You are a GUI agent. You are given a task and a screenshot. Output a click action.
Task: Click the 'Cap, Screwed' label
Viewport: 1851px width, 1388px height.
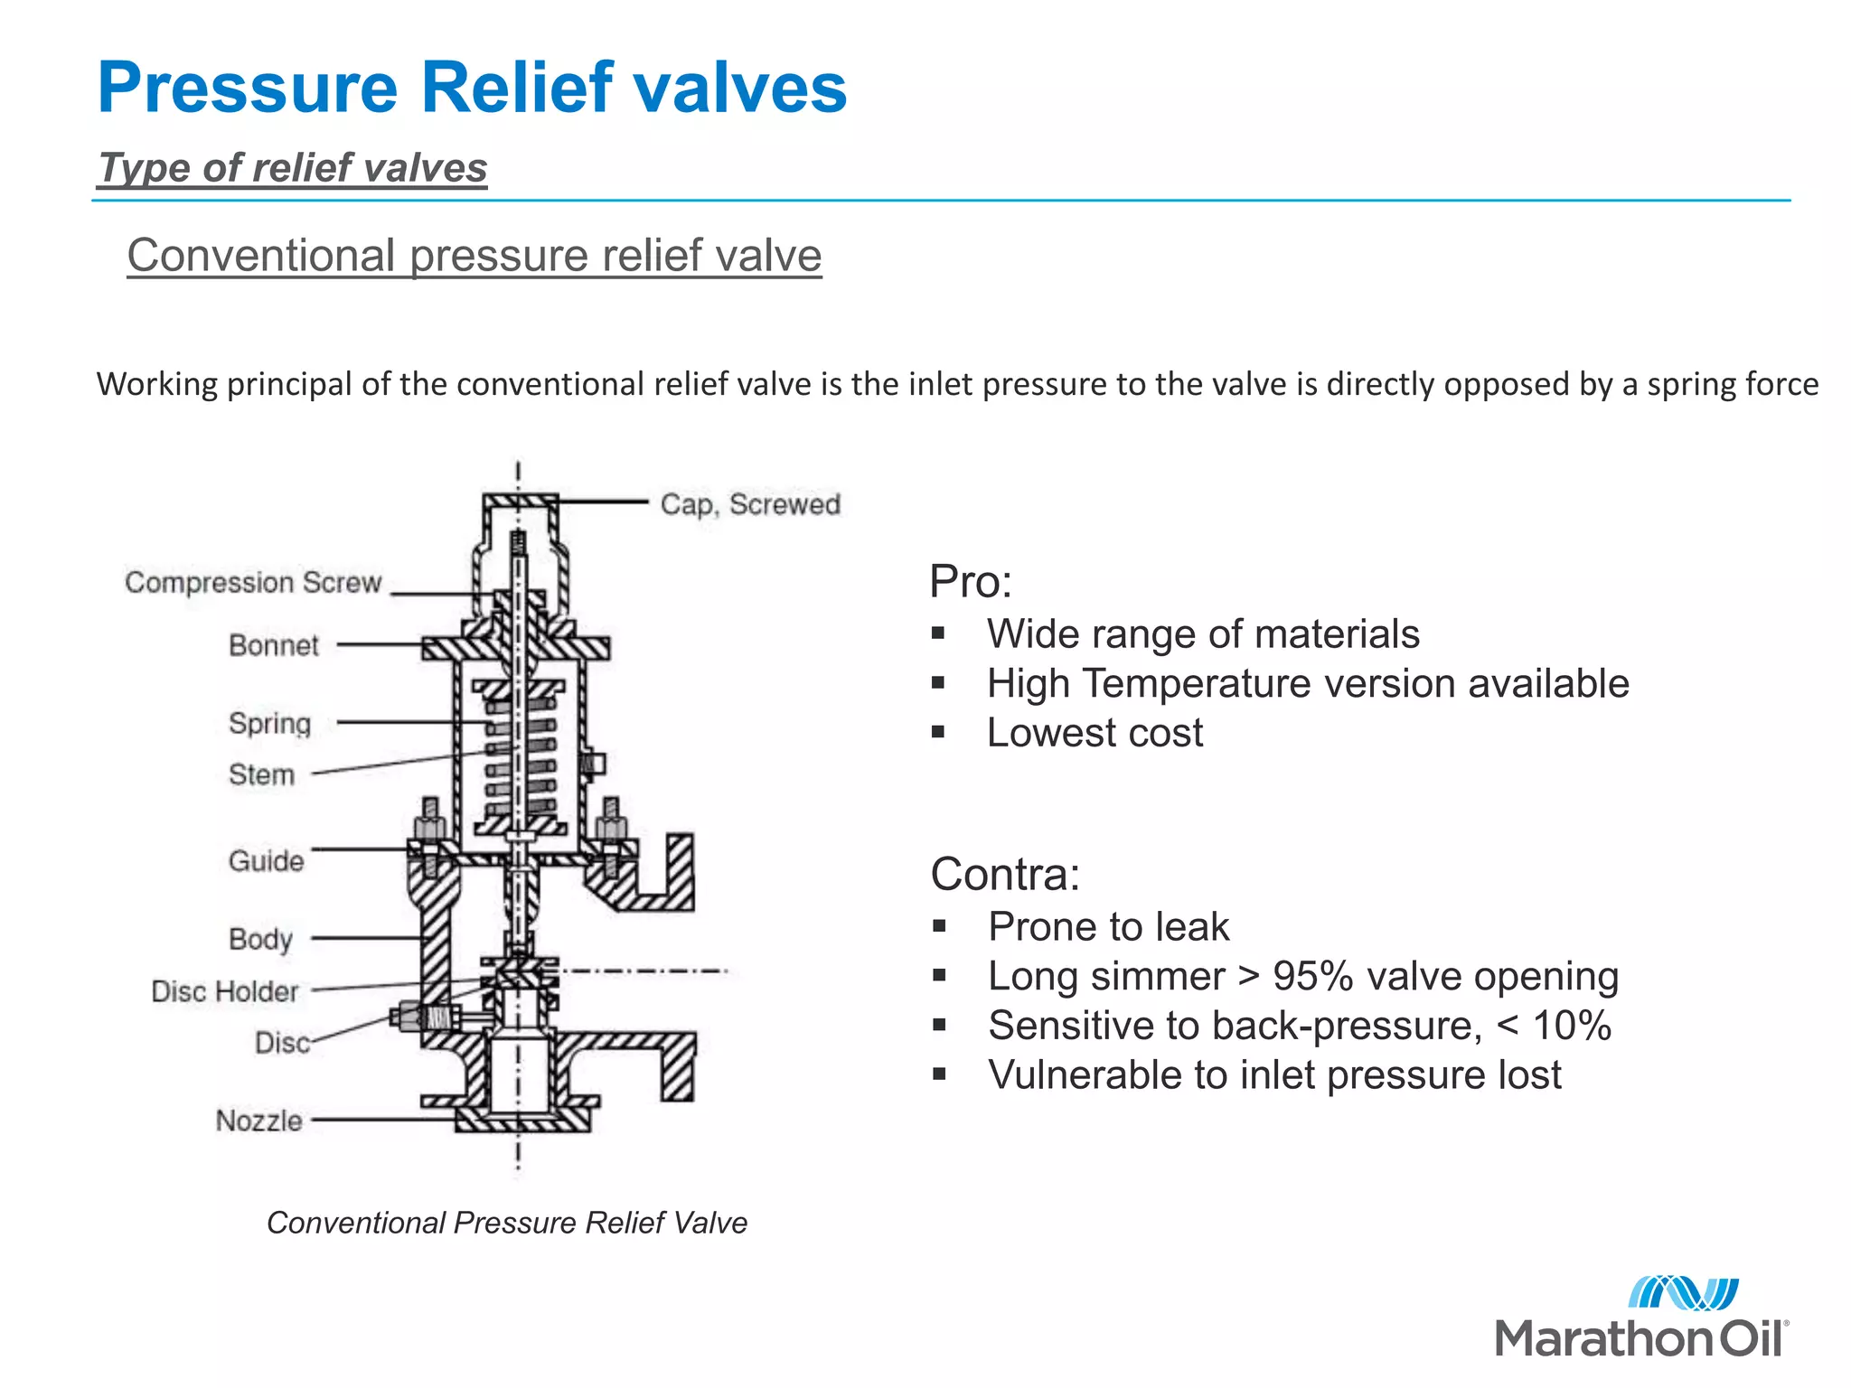point(749,504)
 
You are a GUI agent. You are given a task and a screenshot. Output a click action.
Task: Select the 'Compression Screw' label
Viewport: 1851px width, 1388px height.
point(253,583)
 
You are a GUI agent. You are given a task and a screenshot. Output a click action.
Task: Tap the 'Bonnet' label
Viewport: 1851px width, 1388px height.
point(273,645)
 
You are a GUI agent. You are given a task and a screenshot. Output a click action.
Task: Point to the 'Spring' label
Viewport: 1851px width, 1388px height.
point(269,723)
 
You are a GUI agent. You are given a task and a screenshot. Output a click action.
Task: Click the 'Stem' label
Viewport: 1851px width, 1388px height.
point(261,774)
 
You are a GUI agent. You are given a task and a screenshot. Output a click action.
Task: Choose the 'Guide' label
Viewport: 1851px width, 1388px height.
point(266,860)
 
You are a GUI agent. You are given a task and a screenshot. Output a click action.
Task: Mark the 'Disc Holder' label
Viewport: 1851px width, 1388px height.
point(224,991)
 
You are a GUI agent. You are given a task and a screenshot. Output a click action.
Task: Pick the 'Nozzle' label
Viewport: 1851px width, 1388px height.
point(258,1121)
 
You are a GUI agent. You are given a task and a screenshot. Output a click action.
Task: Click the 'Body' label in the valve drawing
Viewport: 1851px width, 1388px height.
point(260,939)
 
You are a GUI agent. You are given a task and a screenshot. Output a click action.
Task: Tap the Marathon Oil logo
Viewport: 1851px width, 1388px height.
point(1641,1318)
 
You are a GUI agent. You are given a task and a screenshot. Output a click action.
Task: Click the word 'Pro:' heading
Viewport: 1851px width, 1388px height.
point(970,581)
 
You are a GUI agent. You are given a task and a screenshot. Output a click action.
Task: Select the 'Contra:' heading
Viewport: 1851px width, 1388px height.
point(1004,874)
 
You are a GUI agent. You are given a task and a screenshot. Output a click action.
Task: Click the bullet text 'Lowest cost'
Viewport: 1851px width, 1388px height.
point(1095,733)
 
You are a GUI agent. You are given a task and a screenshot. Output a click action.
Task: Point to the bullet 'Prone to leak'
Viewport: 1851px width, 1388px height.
point(1108,927)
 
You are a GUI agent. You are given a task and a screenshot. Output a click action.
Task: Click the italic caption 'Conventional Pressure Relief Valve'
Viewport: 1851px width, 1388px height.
point(506,1223)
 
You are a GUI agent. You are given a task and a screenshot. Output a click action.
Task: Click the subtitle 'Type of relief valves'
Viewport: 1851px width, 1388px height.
point(293,168)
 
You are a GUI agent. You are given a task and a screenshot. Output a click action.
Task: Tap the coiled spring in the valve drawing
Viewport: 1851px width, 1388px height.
point(521,755)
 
